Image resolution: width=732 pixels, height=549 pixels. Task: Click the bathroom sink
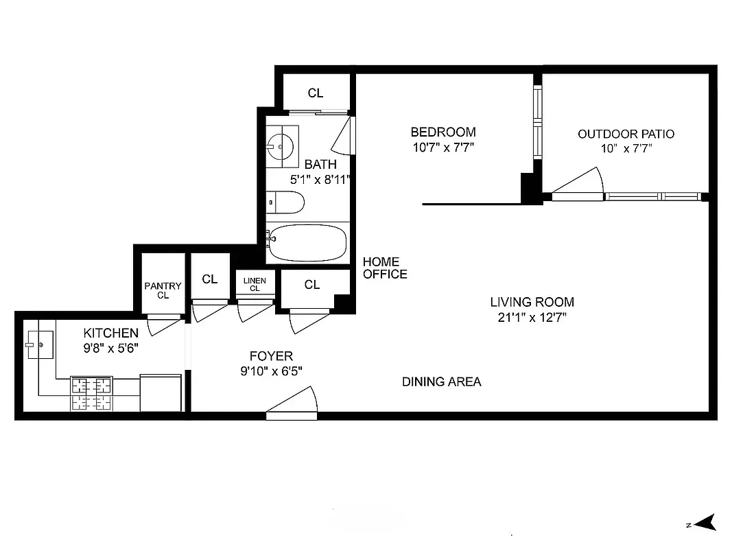pyautogui.click(x=281, y=146)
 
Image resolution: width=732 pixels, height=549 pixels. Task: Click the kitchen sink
pyautogui.click(x=40, y=344)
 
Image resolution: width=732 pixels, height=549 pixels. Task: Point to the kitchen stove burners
pyautogui.click(x=91, y=394)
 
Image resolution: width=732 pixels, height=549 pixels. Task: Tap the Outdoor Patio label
pyautogui.click(x=626, y=134)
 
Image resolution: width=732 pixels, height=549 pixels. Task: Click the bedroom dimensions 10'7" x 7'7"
pyautogui.click(x=442, y=147)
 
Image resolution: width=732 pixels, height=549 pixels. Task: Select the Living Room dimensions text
pyautogui.click(x=532, y=317)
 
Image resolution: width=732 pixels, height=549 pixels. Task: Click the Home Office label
pyautogui.click(x=384, y=268)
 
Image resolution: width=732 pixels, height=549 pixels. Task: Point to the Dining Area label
pyautogui.click(x=441, y=382)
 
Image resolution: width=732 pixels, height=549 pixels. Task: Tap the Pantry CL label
pyautogui.click(x=163, y=290)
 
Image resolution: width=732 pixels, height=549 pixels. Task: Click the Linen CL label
pyautogui.click(x=255, y=284)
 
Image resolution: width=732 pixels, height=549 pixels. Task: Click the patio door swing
pyautogui.click(x=580, y=184)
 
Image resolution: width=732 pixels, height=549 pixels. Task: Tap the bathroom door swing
pyautogui.click(x=343, y=137)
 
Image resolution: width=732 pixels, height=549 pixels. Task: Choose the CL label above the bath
pyautogui.click(x=315, y=93)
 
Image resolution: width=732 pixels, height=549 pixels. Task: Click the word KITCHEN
pyautogui.click(x=110, y=333)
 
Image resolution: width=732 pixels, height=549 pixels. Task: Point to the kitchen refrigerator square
pyautogui.click(x=161, y=393)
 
